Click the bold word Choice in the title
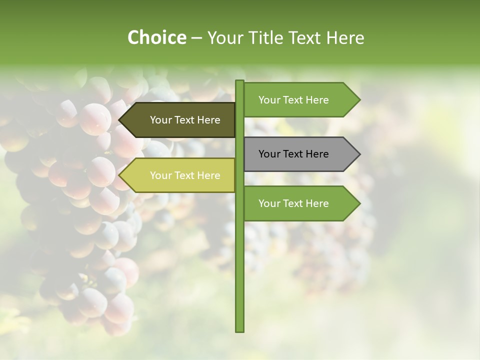[156, 37]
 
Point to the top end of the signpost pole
[239, 81]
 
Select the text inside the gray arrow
[293, 154]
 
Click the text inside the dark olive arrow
[185, 120]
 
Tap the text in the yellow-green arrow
[185, 175]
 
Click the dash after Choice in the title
[196, 38]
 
